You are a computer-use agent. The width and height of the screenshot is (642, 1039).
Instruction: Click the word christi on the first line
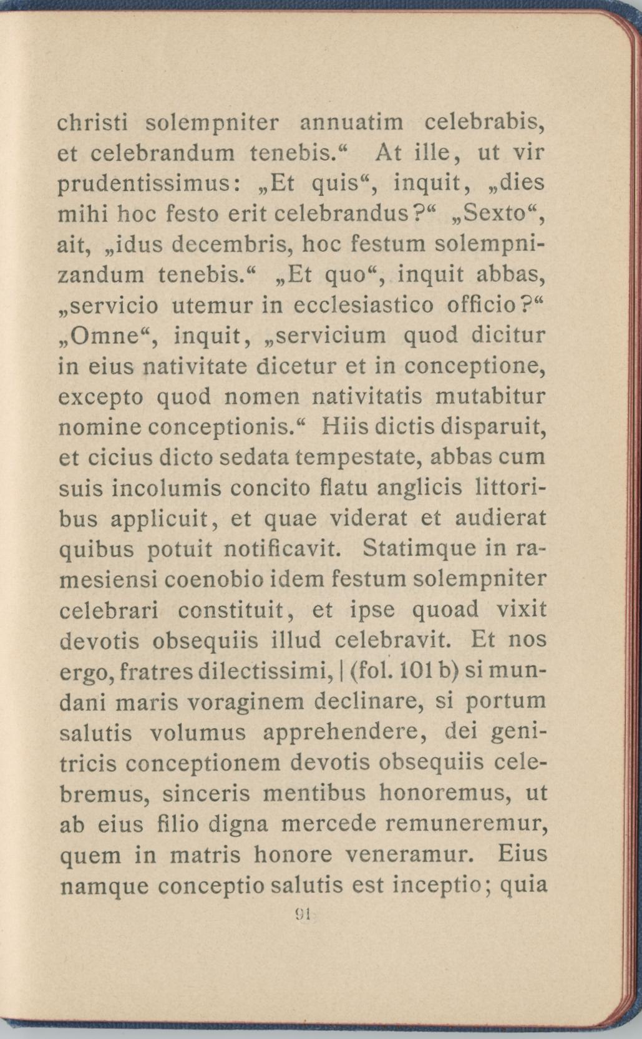pos(93,122)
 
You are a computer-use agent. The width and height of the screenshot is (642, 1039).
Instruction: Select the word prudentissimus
pos(145,184)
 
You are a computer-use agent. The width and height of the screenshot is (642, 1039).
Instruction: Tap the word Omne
pos(104,336)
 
